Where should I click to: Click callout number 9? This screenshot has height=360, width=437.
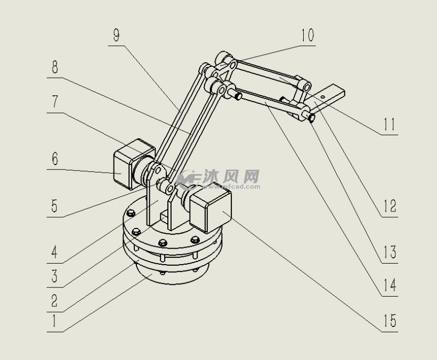tap(117, 35)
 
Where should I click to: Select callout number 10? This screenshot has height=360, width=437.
tap(307, 35)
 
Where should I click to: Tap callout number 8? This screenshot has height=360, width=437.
tap(55, 67)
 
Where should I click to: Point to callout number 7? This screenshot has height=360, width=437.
tap(55, 102)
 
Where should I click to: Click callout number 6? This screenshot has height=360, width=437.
tap(55, 159)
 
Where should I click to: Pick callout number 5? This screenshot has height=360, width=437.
tap(54, 206)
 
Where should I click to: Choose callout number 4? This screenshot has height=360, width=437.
tap(54, 252)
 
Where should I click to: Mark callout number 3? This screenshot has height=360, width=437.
tap(54, 276)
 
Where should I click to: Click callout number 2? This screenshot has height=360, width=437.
tap(54, 301)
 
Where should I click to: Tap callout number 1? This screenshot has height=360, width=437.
tap(54, 321)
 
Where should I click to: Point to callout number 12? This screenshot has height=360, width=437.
tap(390, 206)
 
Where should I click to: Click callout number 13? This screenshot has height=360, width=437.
tap(390, 252)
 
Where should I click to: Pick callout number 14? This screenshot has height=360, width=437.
tap(390, 285)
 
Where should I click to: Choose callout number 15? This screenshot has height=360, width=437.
tap(390, 321)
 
